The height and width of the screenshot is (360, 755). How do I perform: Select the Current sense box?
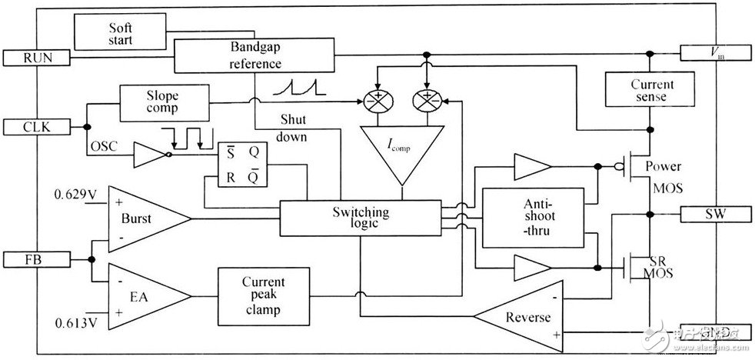[650, 90]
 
